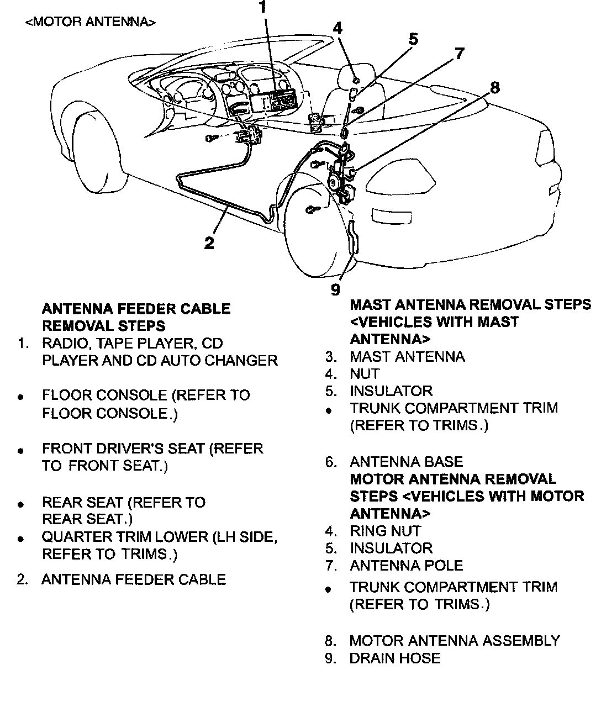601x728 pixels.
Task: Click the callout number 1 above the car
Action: click(x=262, y=8)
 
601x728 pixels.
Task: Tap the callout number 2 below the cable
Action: click(x=209, y=243)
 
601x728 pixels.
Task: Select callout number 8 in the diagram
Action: click(x=494, y=88)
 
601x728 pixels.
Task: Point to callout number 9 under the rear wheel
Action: click(x=335, y=289)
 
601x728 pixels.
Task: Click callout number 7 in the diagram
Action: click(x=459, y=54)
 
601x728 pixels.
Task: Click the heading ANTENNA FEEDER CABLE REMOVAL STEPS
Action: click(x=136, y=317)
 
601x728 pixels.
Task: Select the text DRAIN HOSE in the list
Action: click(x=394, y=658)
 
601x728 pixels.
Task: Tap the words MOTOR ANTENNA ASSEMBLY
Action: click(x=454, y=641)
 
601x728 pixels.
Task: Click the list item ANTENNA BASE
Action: click(x=406, y=462)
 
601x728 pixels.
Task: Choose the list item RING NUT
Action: click(x=385, y=531)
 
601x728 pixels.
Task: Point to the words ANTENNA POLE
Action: click(x=406, y=566)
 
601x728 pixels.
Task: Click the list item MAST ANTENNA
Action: click(x=407, y=357)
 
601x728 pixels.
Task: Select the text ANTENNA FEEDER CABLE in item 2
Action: click(x=134, y=579)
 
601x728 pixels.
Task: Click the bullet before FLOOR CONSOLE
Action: click(x=20, y=397)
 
